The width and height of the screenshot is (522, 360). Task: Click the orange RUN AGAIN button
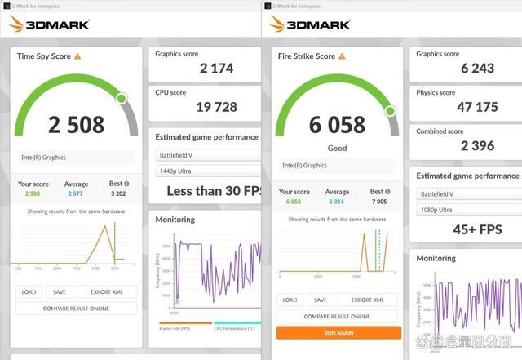(338, 332)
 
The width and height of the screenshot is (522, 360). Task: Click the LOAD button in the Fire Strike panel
(290, 300)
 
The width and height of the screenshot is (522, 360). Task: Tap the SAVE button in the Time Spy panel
(59, 291)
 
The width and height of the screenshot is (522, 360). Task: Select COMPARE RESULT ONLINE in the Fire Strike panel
(337, 316)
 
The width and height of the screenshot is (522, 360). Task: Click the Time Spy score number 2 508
(76, 124)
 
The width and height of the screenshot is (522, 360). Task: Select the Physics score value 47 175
(467, 107)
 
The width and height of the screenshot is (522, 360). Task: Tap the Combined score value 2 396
(466, 145)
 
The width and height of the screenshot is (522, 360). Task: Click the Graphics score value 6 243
(467, 69)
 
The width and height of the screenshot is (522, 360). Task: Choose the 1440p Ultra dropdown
(207, 171)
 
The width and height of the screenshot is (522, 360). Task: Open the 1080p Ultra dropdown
(466, 210)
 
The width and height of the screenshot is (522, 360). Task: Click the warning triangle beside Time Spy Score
(77, 56)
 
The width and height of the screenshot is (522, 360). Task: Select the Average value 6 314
(337, 202)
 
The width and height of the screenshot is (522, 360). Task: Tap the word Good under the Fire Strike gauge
(337, 148)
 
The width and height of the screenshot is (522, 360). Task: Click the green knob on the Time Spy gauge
(122, 99)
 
